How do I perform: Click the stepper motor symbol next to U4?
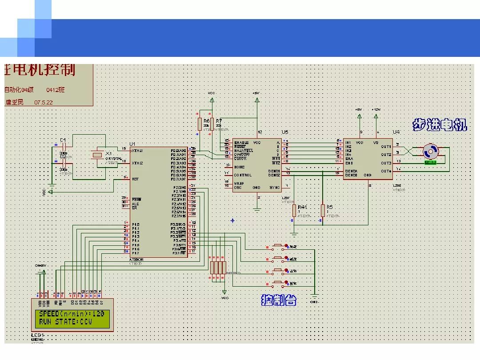tap(430, 151)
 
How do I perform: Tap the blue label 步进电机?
tap(440, 125)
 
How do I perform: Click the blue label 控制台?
tap(279, 301)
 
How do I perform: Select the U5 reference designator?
tap(284, 132)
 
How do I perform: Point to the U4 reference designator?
tap(396, 132)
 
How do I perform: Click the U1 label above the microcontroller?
tap(132, 144)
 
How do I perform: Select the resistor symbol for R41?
tap(294, 211)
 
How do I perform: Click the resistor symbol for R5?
tap(323, 211)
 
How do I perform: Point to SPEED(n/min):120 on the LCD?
tap(72, 314)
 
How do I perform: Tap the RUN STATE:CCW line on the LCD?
tap(65, 322)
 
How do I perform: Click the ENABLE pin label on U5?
tap(241, 142)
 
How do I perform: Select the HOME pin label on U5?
tap(239, 167)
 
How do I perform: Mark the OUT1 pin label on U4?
tap(386, 146)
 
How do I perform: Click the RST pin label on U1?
tap(135, 179)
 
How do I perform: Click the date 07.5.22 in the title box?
tap(44, 102)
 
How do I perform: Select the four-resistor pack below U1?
tap(218, 268)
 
